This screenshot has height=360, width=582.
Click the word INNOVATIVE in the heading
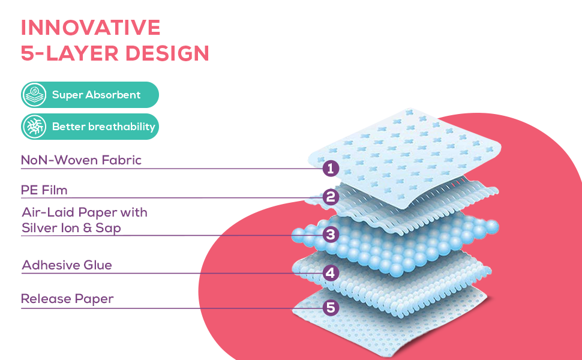91,28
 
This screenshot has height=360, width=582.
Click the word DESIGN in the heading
167,53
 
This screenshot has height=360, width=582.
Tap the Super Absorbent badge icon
34,95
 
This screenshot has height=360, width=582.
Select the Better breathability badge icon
34,127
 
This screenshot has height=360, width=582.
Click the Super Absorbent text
96,95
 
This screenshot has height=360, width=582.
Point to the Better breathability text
104,127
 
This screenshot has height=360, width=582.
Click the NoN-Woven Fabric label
81,160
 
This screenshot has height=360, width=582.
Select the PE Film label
44,190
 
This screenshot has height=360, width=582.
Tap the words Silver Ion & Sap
71,227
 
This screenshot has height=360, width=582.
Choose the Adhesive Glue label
67,265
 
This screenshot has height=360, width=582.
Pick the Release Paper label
67,299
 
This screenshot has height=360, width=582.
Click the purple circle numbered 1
331,168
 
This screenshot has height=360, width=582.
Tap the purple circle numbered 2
331,197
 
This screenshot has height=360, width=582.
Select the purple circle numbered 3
331,235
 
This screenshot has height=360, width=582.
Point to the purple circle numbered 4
331,273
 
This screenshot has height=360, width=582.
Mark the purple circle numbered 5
331,308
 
